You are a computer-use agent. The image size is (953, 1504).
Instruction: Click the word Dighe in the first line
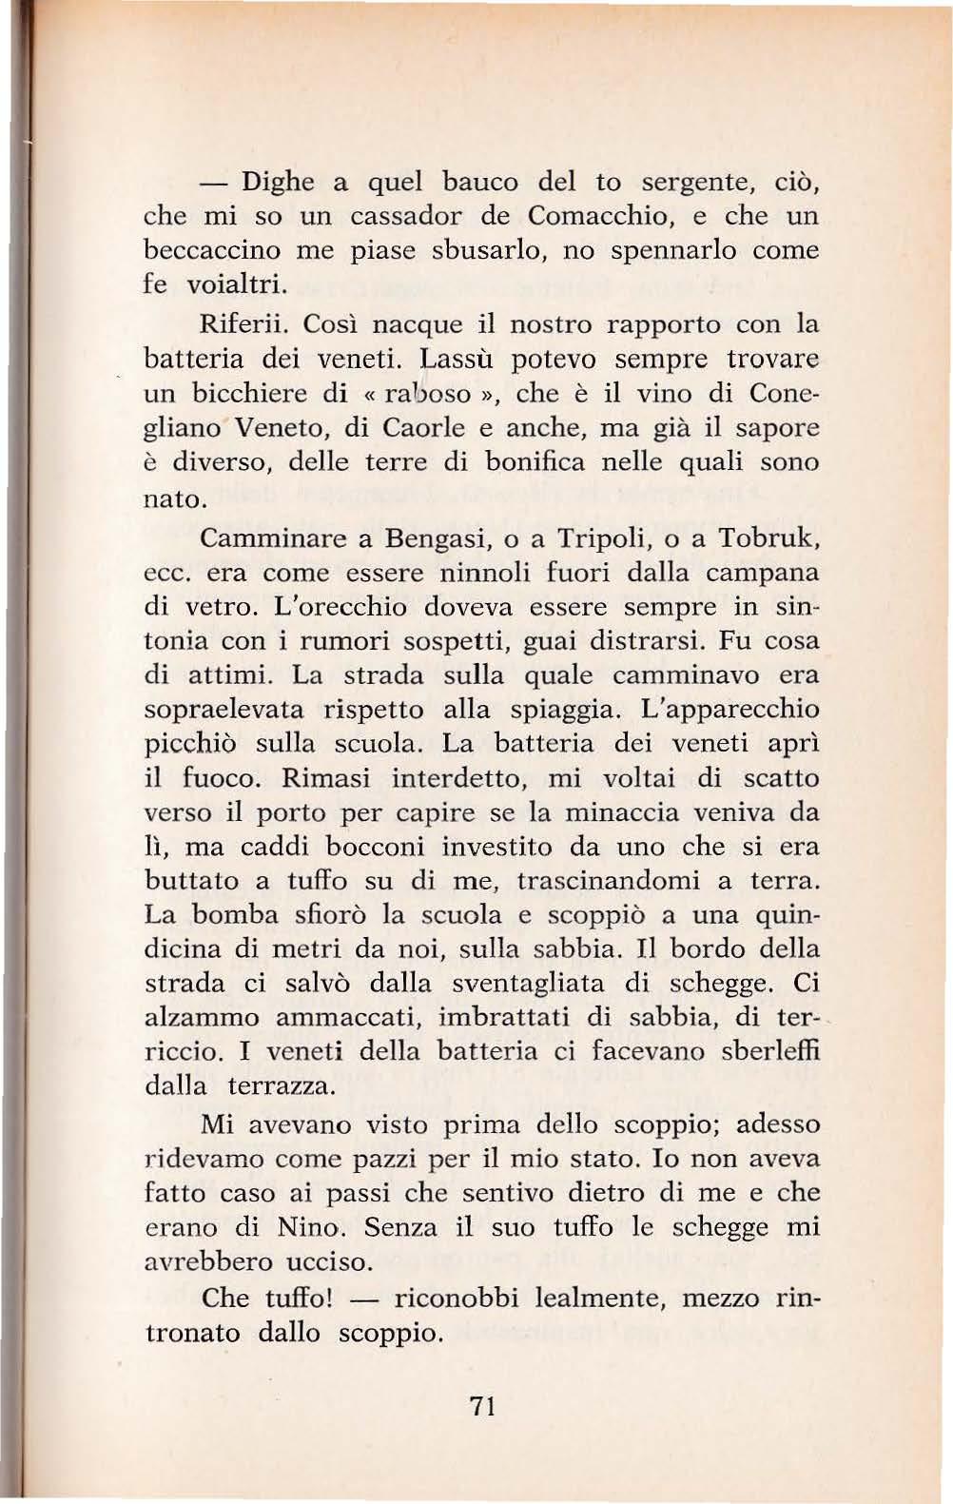[277, 181]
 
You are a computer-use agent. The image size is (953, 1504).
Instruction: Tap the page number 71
[482, 1406]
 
